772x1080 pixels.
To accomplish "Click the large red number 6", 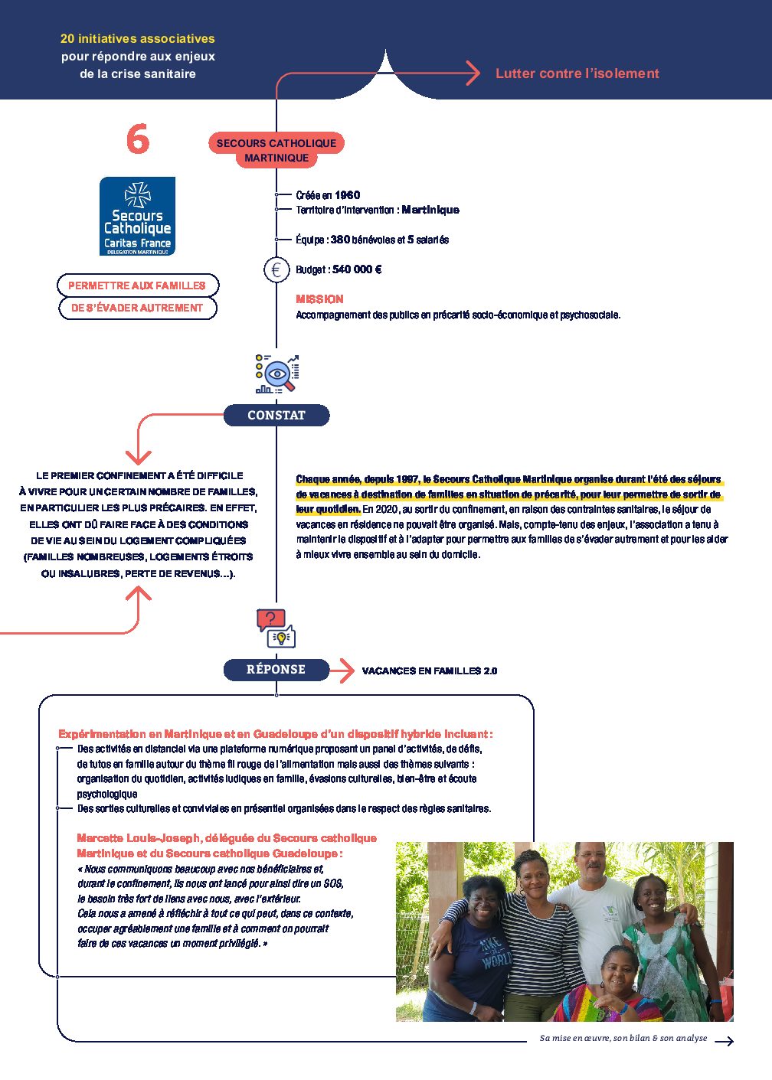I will click(138, 139).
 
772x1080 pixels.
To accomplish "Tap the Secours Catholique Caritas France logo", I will click(138, 216).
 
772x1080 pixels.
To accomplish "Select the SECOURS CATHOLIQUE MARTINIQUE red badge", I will click(276, 151).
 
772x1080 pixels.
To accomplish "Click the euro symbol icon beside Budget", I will click(276, 269).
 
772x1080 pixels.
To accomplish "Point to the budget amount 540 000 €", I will click(357, 269).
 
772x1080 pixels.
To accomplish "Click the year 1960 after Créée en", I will click(347, 195).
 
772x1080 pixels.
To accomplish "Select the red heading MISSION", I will click(319, 299).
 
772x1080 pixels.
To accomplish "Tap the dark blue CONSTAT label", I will click(276, 416).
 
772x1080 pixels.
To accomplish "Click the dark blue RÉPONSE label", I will click(276, 670).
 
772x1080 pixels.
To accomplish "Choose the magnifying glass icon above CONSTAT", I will click(277, 374).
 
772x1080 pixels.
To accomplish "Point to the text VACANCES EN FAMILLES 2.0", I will click(430, 671).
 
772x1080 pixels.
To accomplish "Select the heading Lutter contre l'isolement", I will click(577, 73).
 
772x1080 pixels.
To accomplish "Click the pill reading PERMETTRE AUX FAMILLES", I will click(138, 285).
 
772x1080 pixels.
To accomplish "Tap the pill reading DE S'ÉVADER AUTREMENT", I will click(138, 308).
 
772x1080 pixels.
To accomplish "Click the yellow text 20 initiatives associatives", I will click(138, 38).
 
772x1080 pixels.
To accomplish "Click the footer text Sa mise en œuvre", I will click(574, 1039).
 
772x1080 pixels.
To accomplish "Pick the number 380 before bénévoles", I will click(340, 240).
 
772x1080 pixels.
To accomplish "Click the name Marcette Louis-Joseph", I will click(139, 838).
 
